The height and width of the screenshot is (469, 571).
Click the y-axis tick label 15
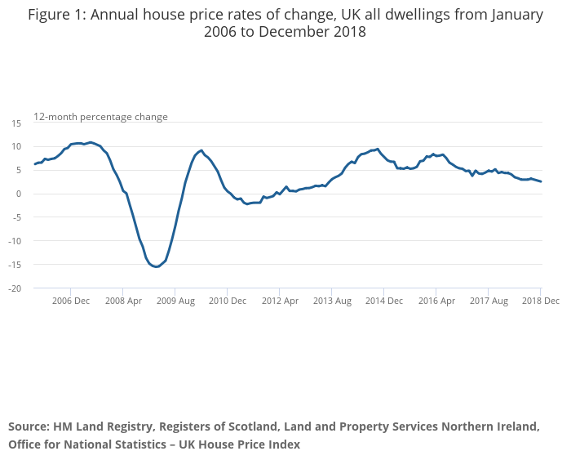coord(16,123)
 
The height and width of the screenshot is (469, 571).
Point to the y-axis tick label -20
coord(15,288)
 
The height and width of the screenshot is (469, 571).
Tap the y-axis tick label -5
coord(16,217)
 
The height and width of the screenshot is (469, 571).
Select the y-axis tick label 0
coord(19,194)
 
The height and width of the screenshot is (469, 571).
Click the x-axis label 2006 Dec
coord(71,301)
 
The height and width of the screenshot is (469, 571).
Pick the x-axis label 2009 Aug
coord(175,301)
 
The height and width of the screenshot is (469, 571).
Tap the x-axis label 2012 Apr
coord(280,301)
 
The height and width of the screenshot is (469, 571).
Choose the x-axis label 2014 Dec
coord(384,301)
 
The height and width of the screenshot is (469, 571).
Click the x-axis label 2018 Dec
coord(539,301)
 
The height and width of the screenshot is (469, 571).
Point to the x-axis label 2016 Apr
coord(436,301)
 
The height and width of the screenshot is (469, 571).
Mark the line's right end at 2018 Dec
coord(541,181)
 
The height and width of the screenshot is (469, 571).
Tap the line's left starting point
coord(34,164)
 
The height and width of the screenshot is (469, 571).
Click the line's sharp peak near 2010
coord(201,150)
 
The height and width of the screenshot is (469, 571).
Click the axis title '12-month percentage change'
coord(100,117)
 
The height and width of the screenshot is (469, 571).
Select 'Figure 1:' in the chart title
coord(58,15)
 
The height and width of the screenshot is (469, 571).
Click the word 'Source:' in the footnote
coord(29,427)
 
